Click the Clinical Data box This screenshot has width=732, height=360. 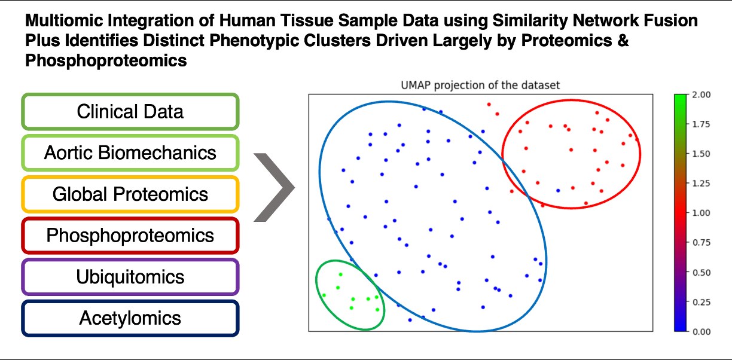click(x=130, y=111)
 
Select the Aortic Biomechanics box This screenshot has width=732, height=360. click(x=130, y=152)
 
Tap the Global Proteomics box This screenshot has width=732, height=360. click(x=130, y=194)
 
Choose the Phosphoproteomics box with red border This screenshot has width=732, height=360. click(x=130, y=235)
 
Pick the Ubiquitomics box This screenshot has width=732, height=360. click(x=130, y=277)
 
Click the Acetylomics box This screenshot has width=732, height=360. click(x=130, y=318)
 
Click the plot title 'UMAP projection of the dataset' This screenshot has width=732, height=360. click(x=480, y=86)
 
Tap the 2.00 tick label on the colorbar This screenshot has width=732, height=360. click(x=701, y=94)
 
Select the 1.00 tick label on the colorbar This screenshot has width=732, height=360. click(x=701, y=213)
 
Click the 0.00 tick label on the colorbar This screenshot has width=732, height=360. click(x=701, y=331)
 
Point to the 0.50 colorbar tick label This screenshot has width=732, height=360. click(x=701, y=273)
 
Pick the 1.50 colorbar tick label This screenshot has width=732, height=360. click(x=701, y=154)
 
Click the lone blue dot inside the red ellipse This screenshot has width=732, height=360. click(x=558, y=190)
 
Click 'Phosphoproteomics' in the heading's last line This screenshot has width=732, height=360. click(x=106, y=61)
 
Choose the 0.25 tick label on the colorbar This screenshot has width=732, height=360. click(x=701, y=302)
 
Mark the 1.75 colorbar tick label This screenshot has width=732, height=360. click(x=701, y=124)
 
